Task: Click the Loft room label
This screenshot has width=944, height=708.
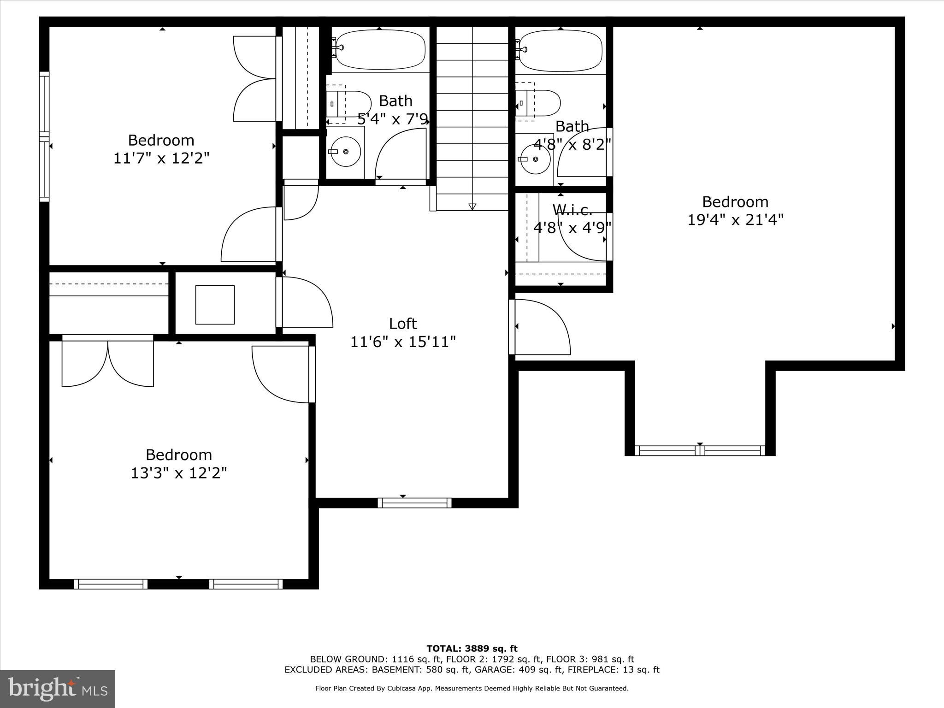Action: pos(403,324)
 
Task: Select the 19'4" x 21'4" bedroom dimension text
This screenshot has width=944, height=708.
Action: pos(735,220)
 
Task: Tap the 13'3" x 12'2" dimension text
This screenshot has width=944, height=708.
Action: pos(179,473)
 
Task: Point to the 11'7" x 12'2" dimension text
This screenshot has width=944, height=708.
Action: pos(161,158)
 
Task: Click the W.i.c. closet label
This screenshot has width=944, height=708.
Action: pos(572,210)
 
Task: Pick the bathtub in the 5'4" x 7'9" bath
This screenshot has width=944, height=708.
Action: pos(380,49)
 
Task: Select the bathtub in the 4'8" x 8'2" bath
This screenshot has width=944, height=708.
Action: pos(560,51)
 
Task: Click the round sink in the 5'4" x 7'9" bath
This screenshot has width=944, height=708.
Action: pos(345,151)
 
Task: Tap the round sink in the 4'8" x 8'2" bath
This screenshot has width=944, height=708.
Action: pos(535,159)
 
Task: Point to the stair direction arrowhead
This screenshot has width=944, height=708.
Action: pos(472,206)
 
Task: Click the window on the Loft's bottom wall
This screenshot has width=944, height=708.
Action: pos(414,503)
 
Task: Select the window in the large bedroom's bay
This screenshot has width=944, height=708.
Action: pos(700,451)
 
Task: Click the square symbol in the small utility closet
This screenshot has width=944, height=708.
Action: pos(215,305)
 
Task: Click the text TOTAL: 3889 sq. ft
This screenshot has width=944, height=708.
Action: pos(472,649)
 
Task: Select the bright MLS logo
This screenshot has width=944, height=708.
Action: pos(58,689)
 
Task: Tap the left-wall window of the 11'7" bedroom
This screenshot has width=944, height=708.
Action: pos(44,137)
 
